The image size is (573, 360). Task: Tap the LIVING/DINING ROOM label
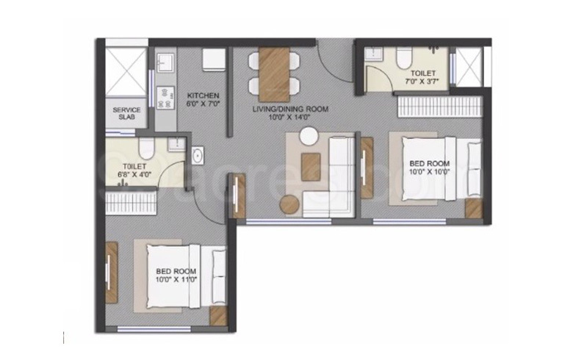coord(290,109)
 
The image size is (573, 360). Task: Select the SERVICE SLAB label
coord(126,115)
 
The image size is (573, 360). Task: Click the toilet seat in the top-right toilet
coord(403,58)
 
